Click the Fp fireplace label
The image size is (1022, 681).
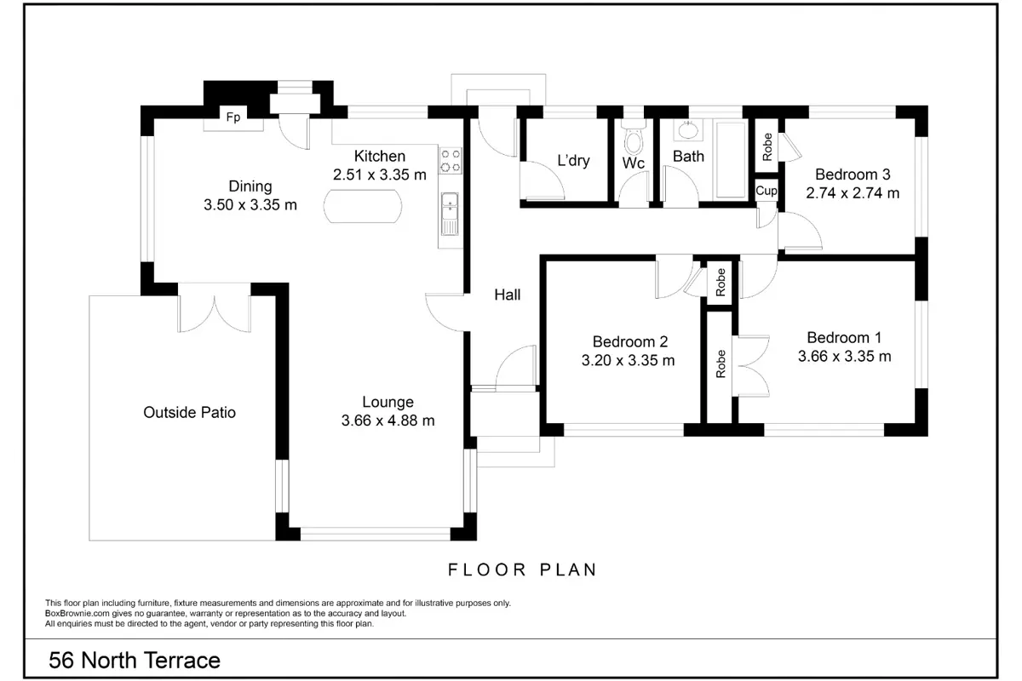233,117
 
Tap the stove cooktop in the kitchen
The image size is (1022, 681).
451,161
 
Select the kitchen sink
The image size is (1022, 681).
450,215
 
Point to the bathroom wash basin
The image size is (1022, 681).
688,130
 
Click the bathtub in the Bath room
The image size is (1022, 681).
731,160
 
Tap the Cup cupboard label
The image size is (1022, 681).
766,191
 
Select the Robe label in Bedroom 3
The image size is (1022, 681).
767,147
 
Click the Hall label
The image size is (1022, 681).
508,295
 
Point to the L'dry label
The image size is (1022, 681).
573,161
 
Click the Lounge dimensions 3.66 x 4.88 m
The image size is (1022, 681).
388,421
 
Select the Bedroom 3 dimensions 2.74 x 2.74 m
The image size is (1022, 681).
853,193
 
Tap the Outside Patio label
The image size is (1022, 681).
189,412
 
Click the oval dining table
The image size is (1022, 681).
363,206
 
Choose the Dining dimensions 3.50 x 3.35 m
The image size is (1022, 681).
250,205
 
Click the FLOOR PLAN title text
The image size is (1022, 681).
522,569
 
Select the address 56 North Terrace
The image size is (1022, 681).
135,661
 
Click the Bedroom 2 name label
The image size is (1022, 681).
630,341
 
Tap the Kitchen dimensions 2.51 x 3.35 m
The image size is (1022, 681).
380,175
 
